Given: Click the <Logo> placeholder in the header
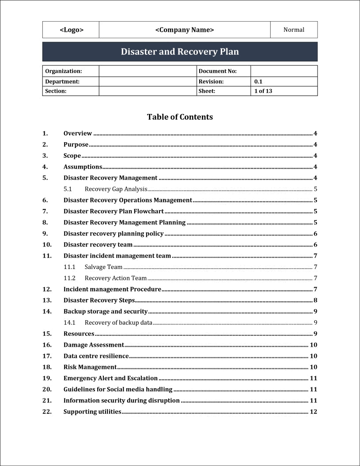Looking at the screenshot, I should pyautogui.click(x=71, y=30).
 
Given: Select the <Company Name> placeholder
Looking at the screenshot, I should pyautogui.click(x=185, y=30).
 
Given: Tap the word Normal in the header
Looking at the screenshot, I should pyautogui.click(x=294, y=30).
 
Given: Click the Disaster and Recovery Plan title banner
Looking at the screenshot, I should pyautogui.click(x=180, y=52).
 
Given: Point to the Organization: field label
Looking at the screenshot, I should pyautogui.click(x=64, y=71).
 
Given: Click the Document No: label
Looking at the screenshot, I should pyautogui.click(x=218, y=71).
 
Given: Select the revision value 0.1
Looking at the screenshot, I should pyautogui.click(x=258, y=81).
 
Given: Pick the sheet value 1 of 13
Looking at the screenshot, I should pyautogui.click(x=263, y=91).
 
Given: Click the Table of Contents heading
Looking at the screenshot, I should pyautogui.click(x=180, y=117).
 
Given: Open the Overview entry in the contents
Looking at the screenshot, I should pyautogui.click(x=78, y=133).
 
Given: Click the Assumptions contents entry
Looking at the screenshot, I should pyautogui.click(x=83, y=167).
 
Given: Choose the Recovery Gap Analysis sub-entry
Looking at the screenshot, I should pyautogui.click(x=116, y=189).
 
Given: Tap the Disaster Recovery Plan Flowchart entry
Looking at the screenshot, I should pyautogui.click(x=114, y=212).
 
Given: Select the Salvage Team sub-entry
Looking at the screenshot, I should pyautogui.click(x=103, y=267).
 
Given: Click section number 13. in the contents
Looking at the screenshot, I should pyautogui.click(x=47, y=300).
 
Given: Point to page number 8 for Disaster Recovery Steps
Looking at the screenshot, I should pyautogui.click(x=315, y=300).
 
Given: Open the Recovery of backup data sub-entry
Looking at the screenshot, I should pyautogui.click(x=118, y=322).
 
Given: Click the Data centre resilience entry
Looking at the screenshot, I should pyautogui.click(x=96, y=356).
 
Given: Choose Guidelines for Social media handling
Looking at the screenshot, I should pyautogui.click(x=118, y=390).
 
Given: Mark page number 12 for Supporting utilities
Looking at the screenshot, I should pyautogui.click(x=314, y=412).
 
